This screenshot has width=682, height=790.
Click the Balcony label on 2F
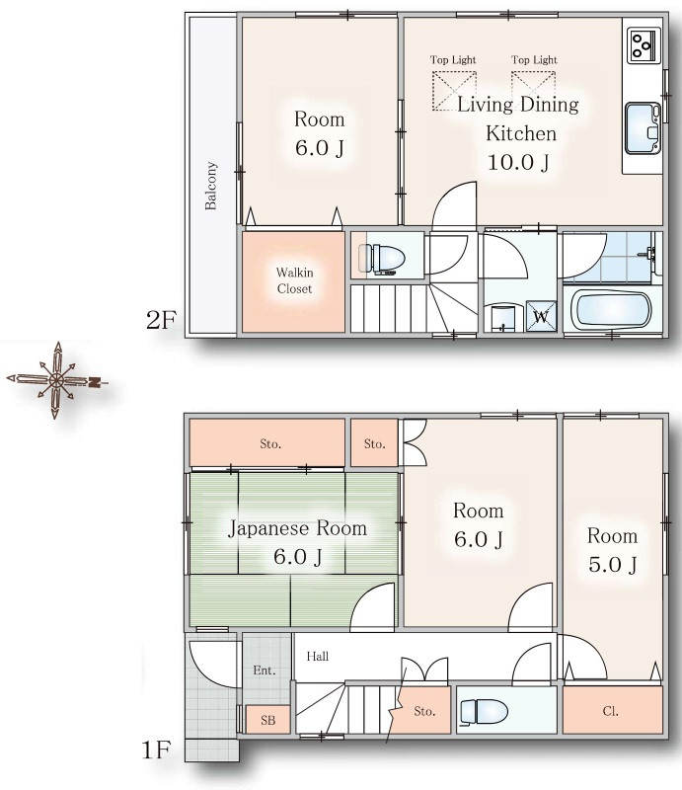pyautogui.click(x=211, y=186)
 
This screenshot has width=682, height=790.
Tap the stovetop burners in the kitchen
pyautogui.click(x=644, y=45)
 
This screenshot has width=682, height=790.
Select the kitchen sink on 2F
pyautogui.click(x=643, y=128)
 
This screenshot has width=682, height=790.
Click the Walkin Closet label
pyautogui.click(x=294, y=280)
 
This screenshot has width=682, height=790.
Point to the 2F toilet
pyautogui.click(x=383, y=259)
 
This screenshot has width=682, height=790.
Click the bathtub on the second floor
pyautogui.click(x=613, y=310)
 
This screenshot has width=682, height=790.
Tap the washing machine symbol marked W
pyautogui.click(x=541, y=316)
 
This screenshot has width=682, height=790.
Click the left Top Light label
pyautogui.click(x=453, y=60)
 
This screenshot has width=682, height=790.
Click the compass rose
pyautogui.click(x=56, y=380)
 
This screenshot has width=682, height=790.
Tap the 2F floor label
pyautogui.click(x=161, y=319)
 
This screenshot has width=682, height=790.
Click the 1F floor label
pyautogui.click(x=157, y=750)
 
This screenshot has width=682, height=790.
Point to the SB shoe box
pyautogui.click(x=268, y=720)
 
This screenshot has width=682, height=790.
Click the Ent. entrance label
pyautogui.click(x=265, y=671)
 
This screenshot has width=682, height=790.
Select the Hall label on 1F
pyautogui.click(x=318, y=656)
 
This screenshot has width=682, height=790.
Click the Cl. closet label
pyautogui.click(x=610, y=711)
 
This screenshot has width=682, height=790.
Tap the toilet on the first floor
pyautogui.click(x=484, y=711)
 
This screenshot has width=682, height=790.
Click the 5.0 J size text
pyautogui.click(x=613, y=565)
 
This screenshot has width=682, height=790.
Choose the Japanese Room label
pyautogui.click(x=297, y=528)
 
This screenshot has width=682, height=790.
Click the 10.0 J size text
pyautogui.click(x=518, y=163)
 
